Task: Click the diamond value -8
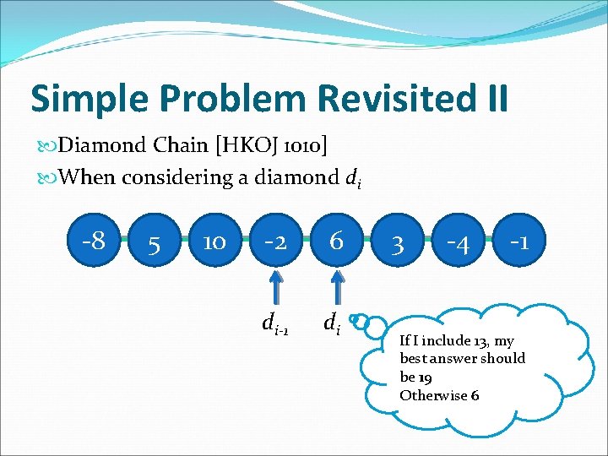click(x=94, y=242)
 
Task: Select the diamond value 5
click(x=154, y=245)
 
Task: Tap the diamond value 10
click(x=214, y=243)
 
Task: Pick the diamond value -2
click(x=275, y=242)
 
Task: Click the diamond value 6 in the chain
click(x=336, y=242)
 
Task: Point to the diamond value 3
click(x=398, y=245)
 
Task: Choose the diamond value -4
click(x=458, y=245)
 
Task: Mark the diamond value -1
click(x=518, y=242)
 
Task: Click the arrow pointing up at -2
click(x=276, y=287)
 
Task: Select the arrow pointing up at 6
click(x=337, y=287)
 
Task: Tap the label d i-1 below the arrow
click(x=275, y=323)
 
